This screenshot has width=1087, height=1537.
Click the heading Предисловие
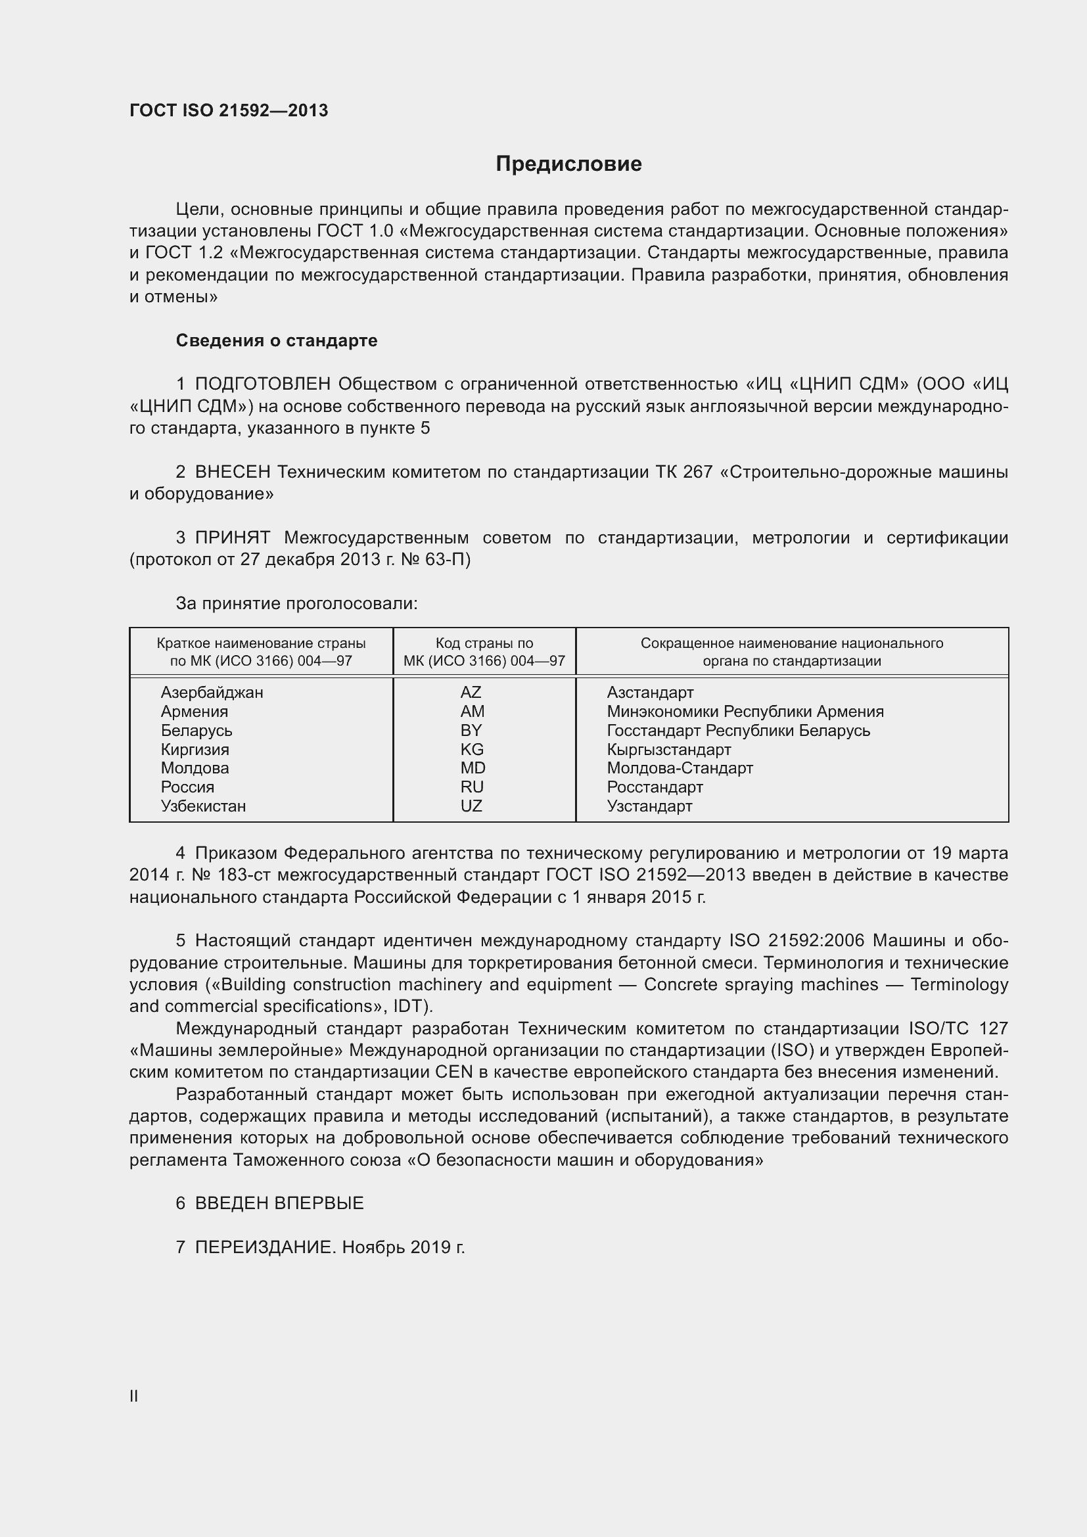pos(568,164)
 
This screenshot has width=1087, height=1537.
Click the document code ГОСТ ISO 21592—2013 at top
pos(229,110)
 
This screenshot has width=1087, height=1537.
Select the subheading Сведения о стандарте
pos(277,341)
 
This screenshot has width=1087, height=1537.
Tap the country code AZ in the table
pos(471,692)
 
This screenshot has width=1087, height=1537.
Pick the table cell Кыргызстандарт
pos(668,749)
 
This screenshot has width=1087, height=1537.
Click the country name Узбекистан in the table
pos(204,806)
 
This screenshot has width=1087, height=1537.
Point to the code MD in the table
pos(473,768)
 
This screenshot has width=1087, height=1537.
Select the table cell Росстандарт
pos(655,787)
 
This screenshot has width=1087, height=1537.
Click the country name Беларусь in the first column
pos(197,730)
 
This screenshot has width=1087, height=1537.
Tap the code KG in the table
pos(472,749)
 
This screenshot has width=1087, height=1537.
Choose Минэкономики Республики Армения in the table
pos(745,712)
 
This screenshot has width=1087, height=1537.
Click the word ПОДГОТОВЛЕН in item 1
pos(263,384)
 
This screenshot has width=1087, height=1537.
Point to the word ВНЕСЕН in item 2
pos(233,472)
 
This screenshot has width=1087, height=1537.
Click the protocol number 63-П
pos(448,560)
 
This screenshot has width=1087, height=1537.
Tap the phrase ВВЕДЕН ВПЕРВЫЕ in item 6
pos(279,1203)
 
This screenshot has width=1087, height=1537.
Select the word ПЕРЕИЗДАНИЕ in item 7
pos(264,1247)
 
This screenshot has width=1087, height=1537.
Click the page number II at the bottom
pos(134,1396)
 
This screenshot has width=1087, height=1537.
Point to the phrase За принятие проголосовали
pos(296,604)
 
